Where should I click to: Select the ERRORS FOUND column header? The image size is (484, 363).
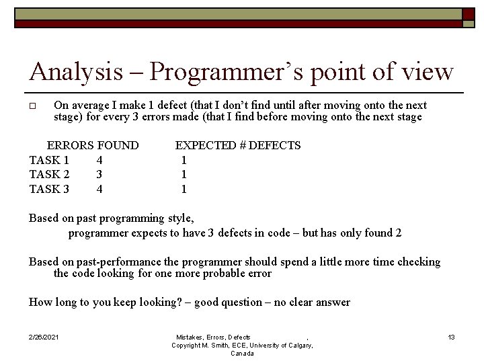(92, 145)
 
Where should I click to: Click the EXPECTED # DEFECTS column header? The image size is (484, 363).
(238, 145)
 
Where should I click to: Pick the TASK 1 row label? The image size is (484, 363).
(49, 160)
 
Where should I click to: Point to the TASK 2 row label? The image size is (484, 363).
(49, 175)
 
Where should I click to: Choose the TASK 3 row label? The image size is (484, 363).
(49, 190)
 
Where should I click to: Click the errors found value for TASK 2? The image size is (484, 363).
(99, 175)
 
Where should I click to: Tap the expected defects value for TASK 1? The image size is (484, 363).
(184, 160)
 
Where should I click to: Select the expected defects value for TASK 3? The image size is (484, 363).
(184, 190)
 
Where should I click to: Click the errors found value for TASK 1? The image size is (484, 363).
(99, 160)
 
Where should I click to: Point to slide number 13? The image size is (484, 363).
(451, 337)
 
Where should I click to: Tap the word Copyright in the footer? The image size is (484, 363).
(188, 345)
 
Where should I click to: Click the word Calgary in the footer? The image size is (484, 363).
(297, 345)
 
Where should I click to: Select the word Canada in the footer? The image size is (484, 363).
(242, 354)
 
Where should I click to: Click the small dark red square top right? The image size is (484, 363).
(468, 13)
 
